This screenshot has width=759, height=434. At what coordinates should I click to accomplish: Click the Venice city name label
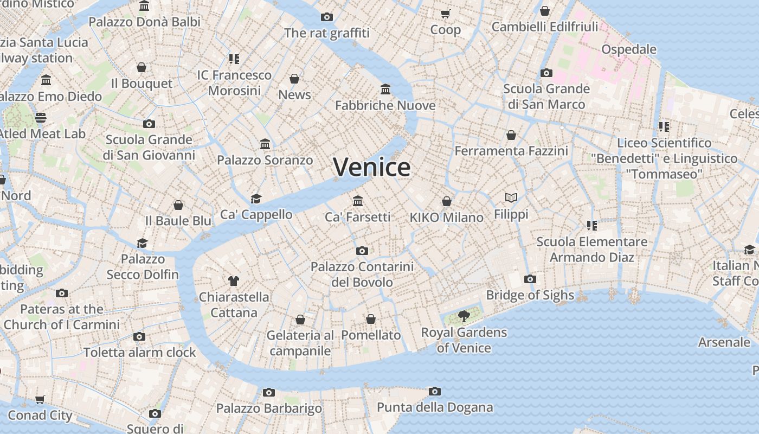371,167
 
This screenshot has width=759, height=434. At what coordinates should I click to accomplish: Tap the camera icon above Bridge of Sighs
530,279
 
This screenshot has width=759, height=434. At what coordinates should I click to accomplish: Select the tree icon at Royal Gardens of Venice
464,316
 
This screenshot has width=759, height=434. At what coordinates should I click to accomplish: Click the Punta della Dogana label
435,407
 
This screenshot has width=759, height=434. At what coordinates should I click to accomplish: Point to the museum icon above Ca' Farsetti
358,201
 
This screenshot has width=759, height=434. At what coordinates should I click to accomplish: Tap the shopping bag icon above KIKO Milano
447,202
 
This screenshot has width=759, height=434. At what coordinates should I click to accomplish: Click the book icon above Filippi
511,198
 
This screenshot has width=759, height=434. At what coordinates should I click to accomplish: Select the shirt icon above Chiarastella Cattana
234,281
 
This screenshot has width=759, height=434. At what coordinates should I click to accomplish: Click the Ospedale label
629,49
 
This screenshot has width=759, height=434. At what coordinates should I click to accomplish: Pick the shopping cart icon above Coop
446,14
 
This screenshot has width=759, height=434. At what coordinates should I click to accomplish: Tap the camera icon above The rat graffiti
326,17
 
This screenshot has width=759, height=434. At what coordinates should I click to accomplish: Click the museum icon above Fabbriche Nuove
385,89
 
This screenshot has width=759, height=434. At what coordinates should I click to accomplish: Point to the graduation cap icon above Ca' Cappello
256,199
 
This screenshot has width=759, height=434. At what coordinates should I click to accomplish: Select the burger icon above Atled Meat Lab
41,117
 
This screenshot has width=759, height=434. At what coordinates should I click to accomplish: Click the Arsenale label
724,342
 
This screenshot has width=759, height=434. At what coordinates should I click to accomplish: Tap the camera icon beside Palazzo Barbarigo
269,392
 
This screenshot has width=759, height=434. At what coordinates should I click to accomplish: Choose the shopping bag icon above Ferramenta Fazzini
511,135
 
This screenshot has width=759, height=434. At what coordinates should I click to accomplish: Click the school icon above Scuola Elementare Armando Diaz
591,225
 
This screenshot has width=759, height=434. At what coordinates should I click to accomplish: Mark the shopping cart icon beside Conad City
40,400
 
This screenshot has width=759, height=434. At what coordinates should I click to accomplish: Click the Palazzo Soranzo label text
265,160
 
